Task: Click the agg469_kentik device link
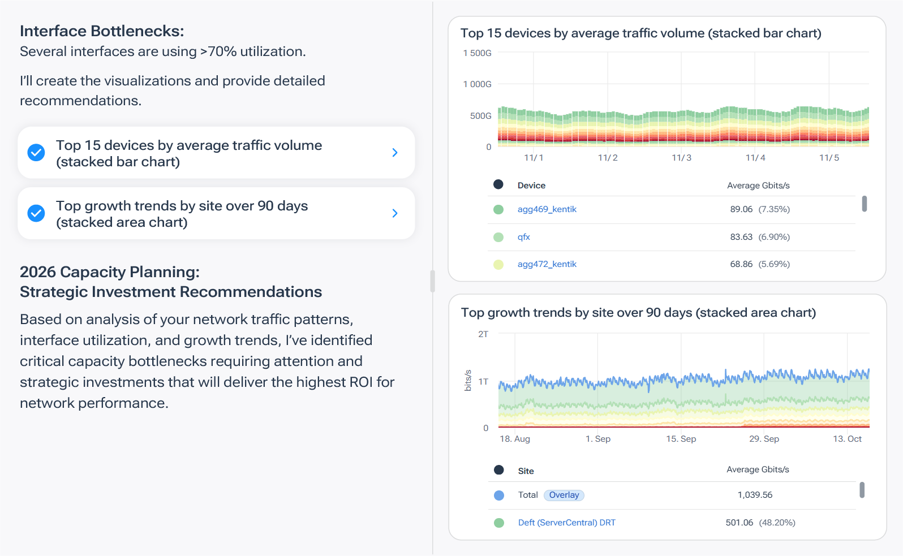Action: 547,209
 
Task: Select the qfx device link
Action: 523,237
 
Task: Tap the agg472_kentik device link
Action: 547,264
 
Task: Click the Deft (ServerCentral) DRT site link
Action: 566,523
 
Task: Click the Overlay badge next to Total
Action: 564,495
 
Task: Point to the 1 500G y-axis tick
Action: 477,53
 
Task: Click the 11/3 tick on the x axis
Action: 681,158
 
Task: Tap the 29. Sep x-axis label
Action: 764,439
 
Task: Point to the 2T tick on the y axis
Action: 483,334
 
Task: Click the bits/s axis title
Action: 468,381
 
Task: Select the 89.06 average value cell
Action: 741,209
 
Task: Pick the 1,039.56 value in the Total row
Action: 755,495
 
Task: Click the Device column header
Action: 531,186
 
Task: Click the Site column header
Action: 526,471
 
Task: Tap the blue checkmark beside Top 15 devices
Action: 36,153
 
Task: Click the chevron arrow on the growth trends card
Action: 395,213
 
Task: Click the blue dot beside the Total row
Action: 499,495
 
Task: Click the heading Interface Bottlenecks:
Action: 102,31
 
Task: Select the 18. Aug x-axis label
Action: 515,439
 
